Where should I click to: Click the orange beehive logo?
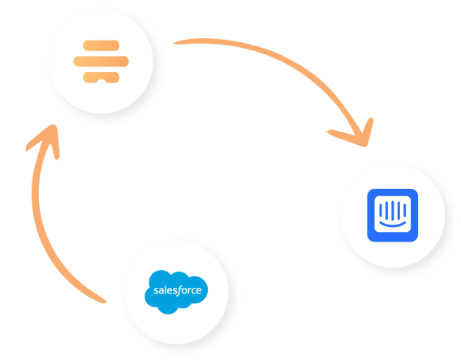click(101, 62)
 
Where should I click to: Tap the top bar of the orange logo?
click(101, 45)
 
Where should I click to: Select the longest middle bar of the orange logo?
click(101, 62)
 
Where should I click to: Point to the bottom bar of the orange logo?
click(101, 77)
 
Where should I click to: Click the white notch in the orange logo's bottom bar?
click(101, 81)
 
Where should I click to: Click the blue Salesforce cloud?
click(176, 292)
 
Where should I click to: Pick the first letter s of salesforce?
click(156, 291)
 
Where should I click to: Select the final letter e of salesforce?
click(199, 291)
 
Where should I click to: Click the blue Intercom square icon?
click(393, 215)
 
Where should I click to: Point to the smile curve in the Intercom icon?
click(393, 225)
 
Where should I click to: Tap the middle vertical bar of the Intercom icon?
click(393, 211)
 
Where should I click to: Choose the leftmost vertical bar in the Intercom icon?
click(381, 210)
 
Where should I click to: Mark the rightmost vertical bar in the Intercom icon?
click(405, 210)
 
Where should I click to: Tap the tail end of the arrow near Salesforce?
click(104, 301)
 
